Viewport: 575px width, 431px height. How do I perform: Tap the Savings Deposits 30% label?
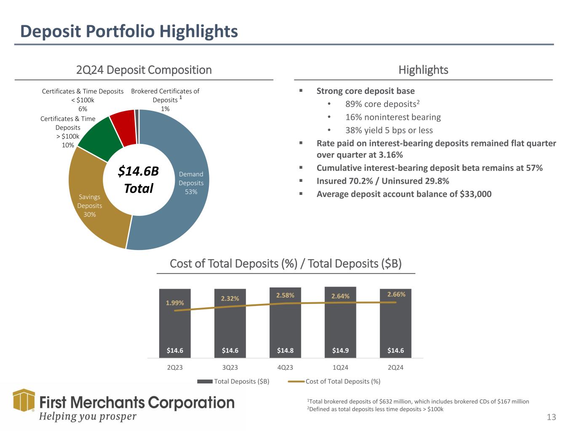point(89,205)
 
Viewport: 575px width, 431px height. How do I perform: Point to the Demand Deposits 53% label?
point(191,183)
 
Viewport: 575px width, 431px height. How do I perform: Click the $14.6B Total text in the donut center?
point(138,180)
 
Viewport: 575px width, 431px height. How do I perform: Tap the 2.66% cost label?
point(396,294)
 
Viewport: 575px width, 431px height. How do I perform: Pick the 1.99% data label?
point(175,303)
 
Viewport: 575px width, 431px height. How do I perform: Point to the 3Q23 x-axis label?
point(230,367)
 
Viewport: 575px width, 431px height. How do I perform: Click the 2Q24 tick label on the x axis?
point(396,367)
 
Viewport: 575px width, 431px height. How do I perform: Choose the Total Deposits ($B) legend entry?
point(233,381)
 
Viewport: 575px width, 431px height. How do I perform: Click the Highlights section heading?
point(423,70)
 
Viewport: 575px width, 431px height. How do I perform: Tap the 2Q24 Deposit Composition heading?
point(144,70)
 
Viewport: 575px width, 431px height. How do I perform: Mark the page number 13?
point(551,417)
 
